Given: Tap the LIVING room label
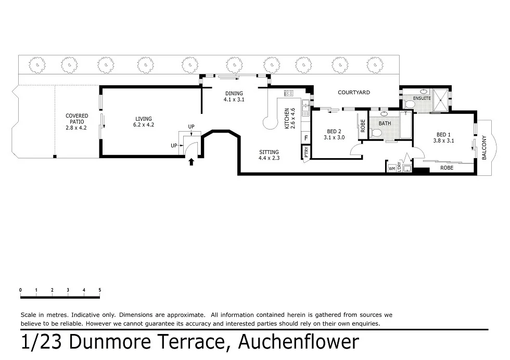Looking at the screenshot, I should [144, 122].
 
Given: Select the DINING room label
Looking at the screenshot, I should [234, 96].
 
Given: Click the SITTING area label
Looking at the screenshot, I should [270, 155].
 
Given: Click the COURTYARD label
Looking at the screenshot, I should [354, 93].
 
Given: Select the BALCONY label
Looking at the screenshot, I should [483, 147].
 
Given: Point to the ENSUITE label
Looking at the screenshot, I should [422, 98].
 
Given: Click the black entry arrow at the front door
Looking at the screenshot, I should [192, 162].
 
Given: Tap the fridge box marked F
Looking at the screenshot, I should [306, 138].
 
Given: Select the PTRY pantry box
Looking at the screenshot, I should [307, 152].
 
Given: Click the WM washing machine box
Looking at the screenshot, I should [391, 168].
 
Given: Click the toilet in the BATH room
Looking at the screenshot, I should [376, 133].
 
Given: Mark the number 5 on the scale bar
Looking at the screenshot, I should [99, 290].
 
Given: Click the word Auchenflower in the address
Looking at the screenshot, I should [298, 342].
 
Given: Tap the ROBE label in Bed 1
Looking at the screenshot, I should [447, 168].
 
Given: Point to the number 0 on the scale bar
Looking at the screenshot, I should [20, 290].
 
